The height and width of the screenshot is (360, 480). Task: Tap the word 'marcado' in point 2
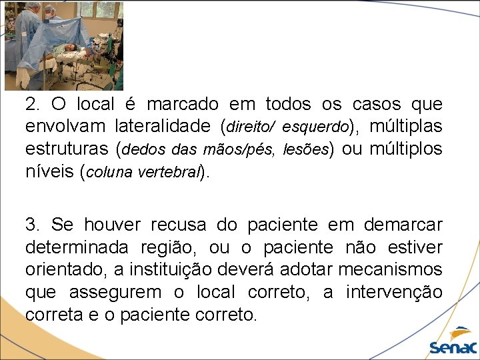point(182,105)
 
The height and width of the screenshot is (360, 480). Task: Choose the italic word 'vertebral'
point(170,171)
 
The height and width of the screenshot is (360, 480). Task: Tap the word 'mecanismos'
point(390,269)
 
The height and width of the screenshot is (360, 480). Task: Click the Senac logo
point(453,340)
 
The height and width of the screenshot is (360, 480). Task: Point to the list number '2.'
point(34,105)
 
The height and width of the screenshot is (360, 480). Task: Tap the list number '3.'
point(34,225)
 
